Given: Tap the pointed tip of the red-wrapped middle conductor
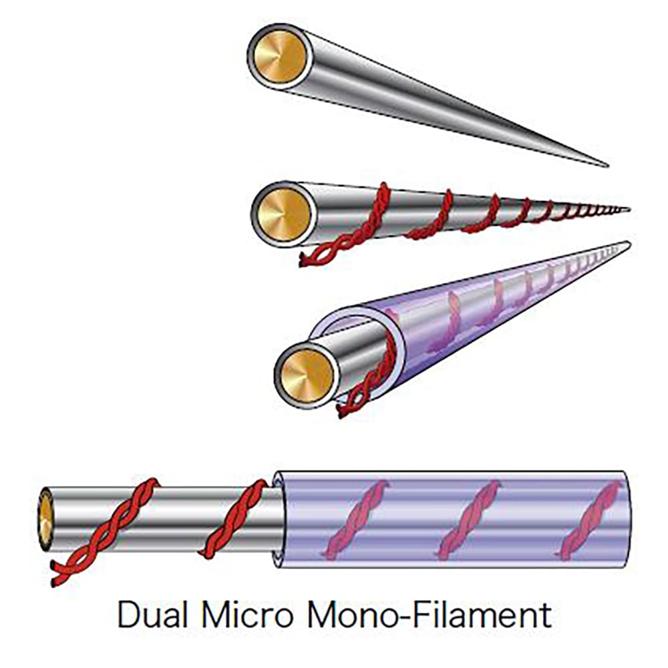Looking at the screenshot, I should pos(628,209).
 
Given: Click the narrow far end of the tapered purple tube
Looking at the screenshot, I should pos(625,245).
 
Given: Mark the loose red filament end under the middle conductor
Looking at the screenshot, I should pos(309,259).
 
